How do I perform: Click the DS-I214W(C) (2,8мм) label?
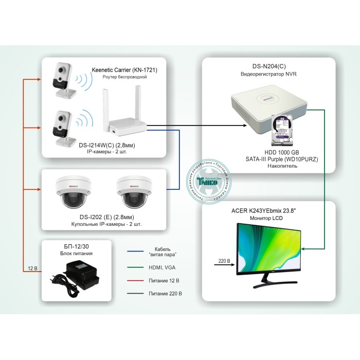111,146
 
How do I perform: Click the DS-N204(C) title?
268,66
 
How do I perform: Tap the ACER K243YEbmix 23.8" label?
267,210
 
